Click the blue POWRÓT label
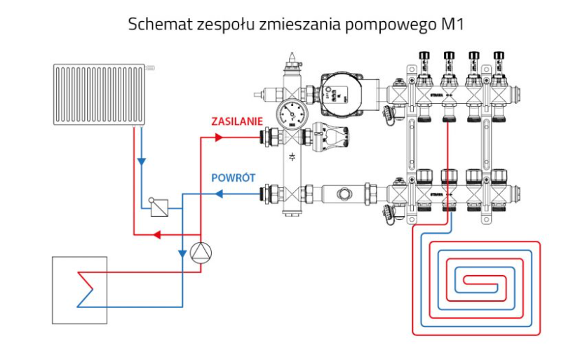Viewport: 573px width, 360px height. click(x=233, y=178)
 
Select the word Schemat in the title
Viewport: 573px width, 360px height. click(x=154, y=23)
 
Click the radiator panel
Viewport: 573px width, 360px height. click(x=98, y=93)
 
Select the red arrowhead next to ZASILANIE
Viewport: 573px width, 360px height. click(x=217, y=137)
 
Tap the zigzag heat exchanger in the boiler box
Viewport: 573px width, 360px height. click(x=86, y=288)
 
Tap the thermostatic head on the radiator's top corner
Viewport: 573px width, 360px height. click(x=150, y=67)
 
